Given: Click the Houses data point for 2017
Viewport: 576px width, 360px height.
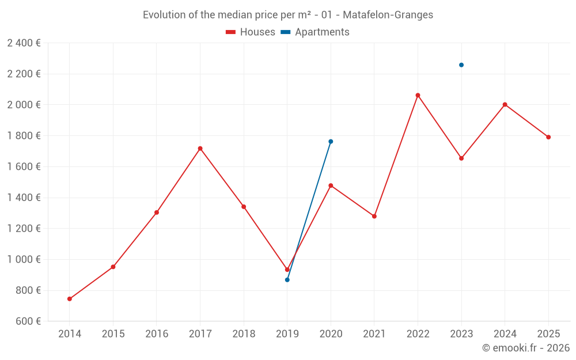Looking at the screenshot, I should coord(200,149).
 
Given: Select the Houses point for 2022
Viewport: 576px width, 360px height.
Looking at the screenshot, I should coord(418,95).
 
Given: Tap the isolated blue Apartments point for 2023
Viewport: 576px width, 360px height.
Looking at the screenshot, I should coord(461,65).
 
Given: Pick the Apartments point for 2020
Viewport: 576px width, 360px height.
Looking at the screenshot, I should coord(331,141).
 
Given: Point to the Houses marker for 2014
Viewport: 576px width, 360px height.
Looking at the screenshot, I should coord(70,299).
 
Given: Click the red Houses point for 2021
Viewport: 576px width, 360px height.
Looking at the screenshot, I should coord(374,216).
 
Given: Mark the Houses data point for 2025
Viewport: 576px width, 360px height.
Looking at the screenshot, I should coord(548,137).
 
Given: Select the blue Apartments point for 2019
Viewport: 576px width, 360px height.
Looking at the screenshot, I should coord(287,280).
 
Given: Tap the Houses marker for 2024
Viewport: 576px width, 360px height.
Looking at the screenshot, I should coord(505,104).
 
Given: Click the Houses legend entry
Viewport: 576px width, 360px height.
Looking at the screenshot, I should coord(251,32).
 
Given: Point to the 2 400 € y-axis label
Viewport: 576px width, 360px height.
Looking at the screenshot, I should coord(24,43).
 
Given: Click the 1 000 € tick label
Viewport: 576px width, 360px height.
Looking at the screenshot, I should coord(24,259).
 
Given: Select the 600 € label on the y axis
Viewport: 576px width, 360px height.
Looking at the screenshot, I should coord(27,321).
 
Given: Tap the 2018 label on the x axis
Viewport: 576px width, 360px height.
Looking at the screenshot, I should coord(244,334).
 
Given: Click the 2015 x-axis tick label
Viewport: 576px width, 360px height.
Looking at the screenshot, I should coord(113,334).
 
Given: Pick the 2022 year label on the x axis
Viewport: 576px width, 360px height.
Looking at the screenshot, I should coord(418,334).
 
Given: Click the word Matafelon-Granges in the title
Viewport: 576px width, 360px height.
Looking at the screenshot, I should coord(388,15).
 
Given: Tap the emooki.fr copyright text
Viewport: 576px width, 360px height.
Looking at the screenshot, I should coord(526,348).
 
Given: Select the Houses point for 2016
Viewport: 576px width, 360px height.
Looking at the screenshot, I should coord(157,213).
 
